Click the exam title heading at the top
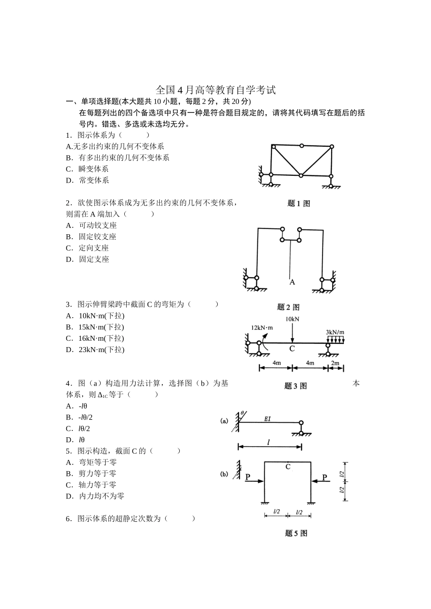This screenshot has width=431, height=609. (215, 90)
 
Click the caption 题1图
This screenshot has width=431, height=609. (299, 203)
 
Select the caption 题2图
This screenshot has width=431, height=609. (288, 307)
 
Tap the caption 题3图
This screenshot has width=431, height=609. (295, 386)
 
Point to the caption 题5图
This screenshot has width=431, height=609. (296, 533)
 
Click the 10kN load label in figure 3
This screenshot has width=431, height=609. (292, 319)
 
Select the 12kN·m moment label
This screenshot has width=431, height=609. (262, 328)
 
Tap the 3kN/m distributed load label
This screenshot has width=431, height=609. (335, 332)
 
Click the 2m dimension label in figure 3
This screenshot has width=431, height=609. (335, 363)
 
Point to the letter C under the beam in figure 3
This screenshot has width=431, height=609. (292, 348)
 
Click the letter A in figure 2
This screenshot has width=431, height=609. (292, 282)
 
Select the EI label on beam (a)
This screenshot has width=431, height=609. (267, 419)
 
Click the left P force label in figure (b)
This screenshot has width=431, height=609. (248, 477)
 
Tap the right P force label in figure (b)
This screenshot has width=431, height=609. (324, 477)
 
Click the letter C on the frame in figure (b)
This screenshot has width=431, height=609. (288, 467)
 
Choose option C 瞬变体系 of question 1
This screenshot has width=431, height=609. (88, 169)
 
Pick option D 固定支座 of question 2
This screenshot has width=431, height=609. (88, 259)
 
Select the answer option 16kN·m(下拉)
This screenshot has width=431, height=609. (95, 338)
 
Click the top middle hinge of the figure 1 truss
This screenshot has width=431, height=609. (301, 146)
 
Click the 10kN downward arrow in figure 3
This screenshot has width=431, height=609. (292, 333)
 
